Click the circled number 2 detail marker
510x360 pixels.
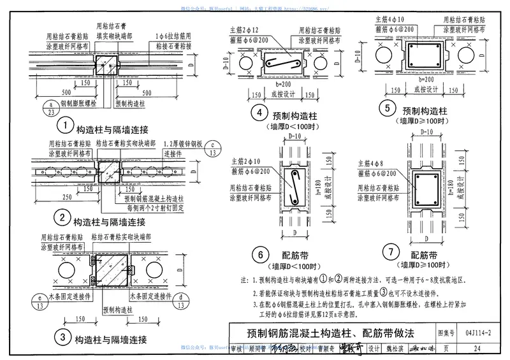(62, 219)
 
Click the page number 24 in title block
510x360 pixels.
(477, 347)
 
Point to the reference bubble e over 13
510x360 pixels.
(40, 301)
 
